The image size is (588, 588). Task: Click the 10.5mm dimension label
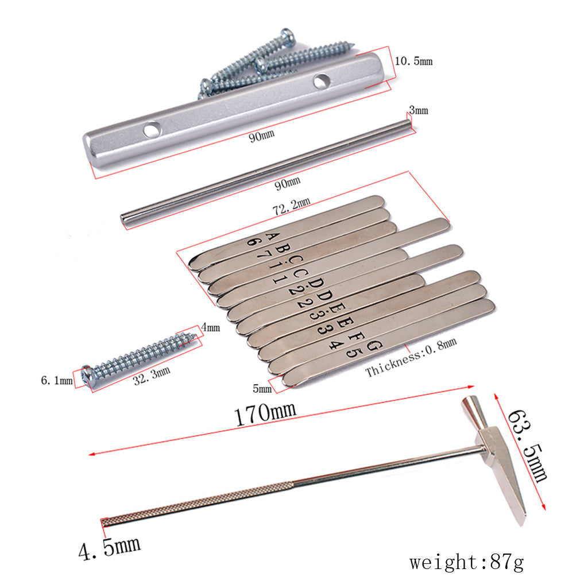pyautogui.click(x=413, y=61)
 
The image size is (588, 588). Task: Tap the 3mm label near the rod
pyautogui.click(x=419, y=110)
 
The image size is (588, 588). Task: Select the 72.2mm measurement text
pyautogui.click(x=291, y=207)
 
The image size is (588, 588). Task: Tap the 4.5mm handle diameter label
pyautogui.click(x=110, y=548)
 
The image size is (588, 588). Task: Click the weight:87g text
pyautogui.click(x=466, y=563)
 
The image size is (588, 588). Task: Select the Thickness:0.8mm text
pyautogui.click(x=411, y=357)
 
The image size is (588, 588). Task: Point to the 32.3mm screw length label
pyautogui.click(x=152, y=376)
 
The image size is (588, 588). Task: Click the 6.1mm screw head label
pyautogui.click(x=57, y=380)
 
